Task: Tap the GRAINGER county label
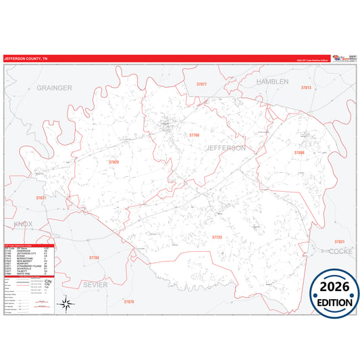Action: tap(54, 88)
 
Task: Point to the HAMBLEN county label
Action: tap(272, 81)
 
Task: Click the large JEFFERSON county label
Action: tap(226, 147)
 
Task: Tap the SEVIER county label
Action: tap(95, 284)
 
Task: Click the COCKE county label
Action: tap(342, 251)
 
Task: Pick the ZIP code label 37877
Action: tap(202, 84)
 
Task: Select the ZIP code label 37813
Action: tap(306, 88)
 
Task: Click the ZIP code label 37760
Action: tap(194, 135)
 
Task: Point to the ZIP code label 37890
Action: tap(299, 153)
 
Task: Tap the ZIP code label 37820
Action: tap(113, 162)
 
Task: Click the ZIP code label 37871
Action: tap(41, 198)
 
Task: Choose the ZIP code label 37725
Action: tap(217, 237)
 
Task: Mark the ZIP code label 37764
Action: tap(94, 258)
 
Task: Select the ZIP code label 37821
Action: tap(339, 241)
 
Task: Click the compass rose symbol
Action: tap(66, 304)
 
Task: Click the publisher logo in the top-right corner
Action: tap(343, 59)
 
